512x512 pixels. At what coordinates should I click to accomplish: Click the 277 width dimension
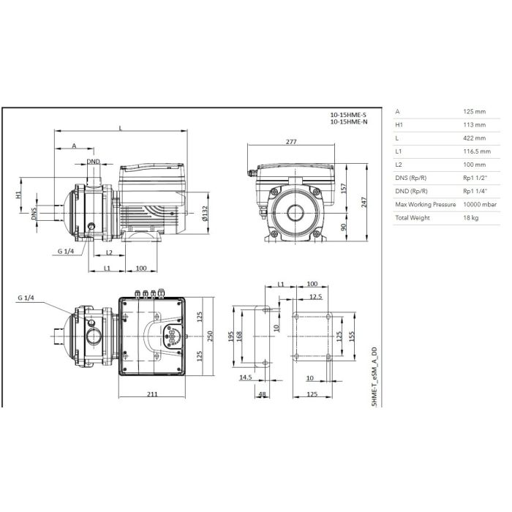coord(291,142)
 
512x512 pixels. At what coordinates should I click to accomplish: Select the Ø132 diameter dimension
coord(205,213)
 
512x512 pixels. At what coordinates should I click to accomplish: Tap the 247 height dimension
coord(364,202)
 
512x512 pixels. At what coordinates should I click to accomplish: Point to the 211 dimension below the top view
coord(152,394)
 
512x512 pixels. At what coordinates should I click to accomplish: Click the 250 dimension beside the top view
coord(210,336)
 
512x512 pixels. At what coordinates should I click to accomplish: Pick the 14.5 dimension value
coord(246,377)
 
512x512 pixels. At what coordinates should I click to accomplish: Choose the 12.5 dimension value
coord(315,296)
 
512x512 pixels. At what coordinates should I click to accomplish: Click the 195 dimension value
coord(231,336)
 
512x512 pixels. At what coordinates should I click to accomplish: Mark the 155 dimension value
coord(351,336)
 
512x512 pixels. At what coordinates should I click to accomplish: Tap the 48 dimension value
coord(262,394)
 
